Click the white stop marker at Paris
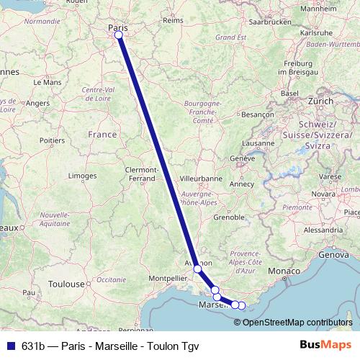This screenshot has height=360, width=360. coord(118,35)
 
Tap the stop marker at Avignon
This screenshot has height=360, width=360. coord(198,269)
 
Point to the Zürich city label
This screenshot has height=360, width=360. coord(320,102)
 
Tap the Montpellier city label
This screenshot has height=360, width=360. coord(167,278)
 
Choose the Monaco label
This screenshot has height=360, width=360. coord(282,270)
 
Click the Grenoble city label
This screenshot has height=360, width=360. coord(230,216)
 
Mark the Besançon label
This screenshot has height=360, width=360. coord(258,114)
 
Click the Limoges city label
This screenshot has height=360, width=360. coord(81,176)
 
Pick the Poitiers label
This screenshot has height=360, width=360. coord(53,140)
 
